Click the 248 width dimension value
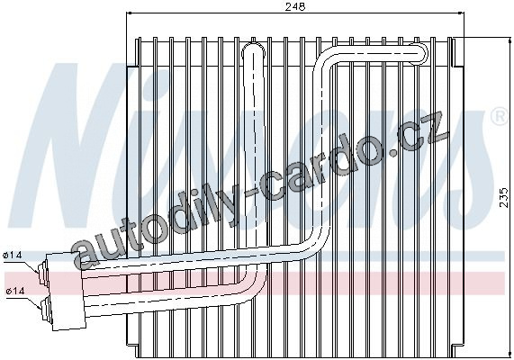[x=294, y=6]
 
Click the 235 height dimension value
[x=505, y=197]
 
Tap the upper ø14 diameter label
[x=13, y=255]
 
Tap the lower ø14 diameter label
[x=15, y=291]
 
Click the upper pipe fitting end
[x=43, y=273]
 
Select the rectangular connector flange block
[x=66, y=291]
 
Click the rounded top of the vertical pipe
[x=253, y=49]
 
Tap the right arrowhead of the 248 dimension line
[x=461, y=13]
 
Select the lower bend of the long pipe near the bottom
[x=315, y=242]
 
